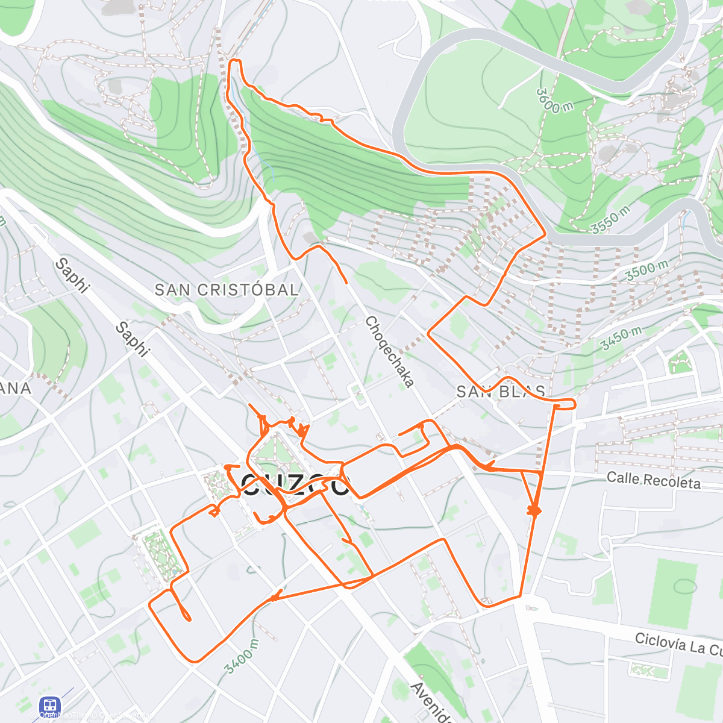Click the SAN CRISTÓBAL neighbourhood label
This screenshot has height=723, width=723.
(227, 290)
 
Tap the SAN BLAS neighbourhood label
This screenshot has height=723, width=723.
(501, 392)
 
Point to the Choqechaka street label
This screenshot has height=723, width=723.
(390, 352)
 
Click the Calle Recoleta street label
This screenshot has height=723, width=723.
(653, 480)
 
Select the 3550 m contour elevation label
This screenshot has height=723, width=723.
(610, 219)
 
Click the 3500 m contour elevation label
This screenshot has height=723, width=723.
(646, 270)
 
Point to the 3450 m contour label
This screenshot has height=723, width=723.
(621, 339)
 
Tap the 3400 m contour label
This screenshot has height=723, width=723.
(241, 656)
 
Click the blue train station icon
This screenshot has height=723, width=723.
(49, 706)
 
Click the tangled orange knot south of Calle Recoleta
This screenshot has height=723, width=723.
(534, 511)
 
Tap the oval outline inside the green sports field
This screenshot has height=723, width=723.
(684, 586)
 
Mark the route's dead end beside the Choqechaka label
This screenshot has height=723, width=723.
(346, 282)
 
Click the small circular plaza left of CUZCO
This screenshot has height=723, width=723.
(216, 485)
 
